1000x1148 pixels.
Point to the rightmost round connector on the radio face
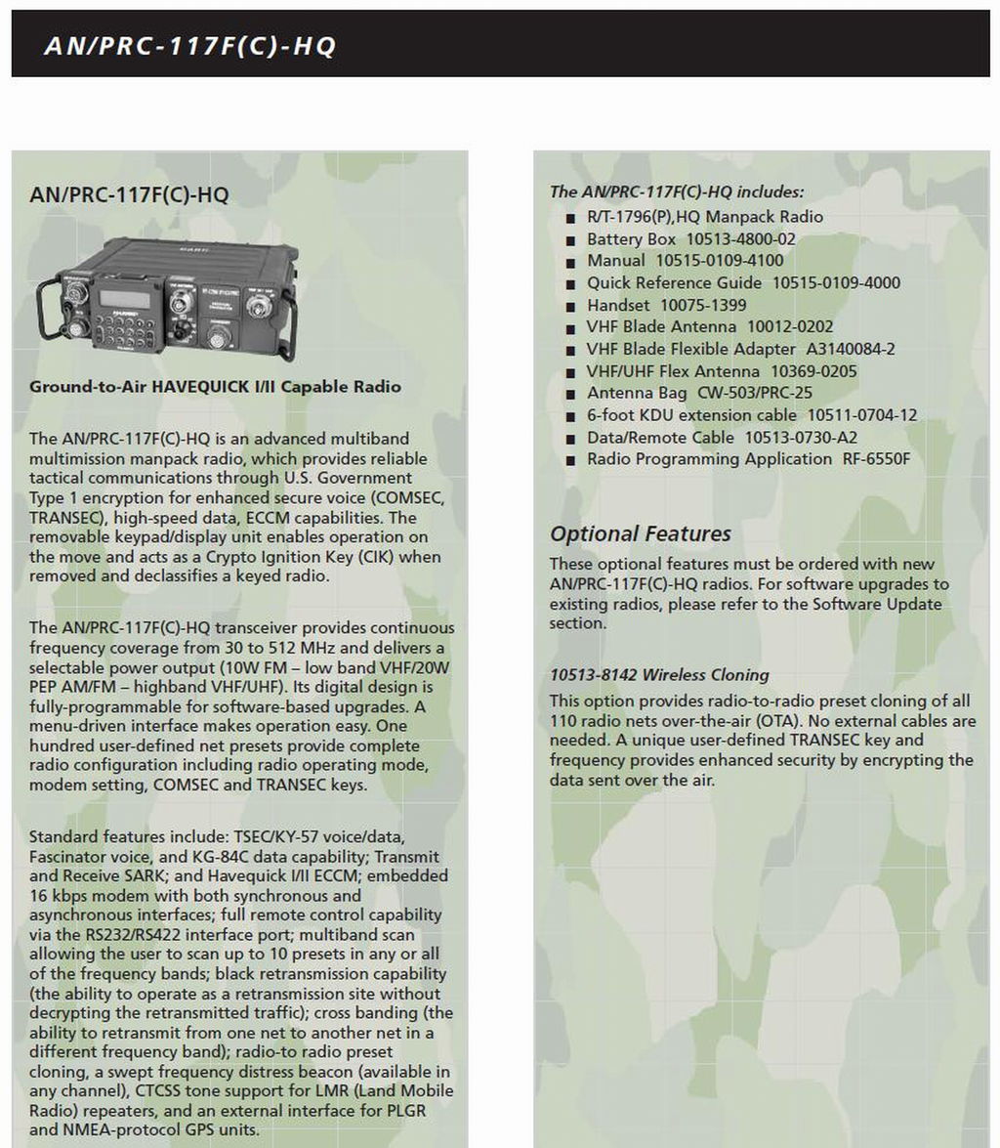tap(259, 307)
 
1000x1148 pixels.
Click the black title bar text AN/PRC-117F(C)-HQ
tap(190, 46)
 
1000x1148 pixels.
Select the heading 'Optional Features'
tap(640, 533)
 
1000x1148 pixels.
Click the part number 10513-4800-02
tap(740, 238)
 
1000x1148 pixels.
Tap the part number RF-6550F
tap(875, 458)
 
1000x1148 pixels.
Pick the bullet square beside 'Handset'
tap(570, 306)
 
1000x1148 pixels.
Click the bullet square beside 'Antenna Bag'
tap(570, 394)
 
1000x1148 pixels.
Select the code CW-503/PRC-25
tap(754, 393)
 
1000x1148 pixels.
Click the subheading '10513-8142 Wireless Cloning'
tap(658, 675)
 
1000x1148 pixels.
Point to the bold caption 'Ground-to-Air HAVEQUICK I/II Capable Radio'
tap(215, 386)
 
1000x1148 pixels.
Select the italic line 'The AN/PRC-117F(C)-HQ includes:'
tap(677, 191)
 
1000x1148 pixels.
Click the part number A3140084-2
tap(850, 349)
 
